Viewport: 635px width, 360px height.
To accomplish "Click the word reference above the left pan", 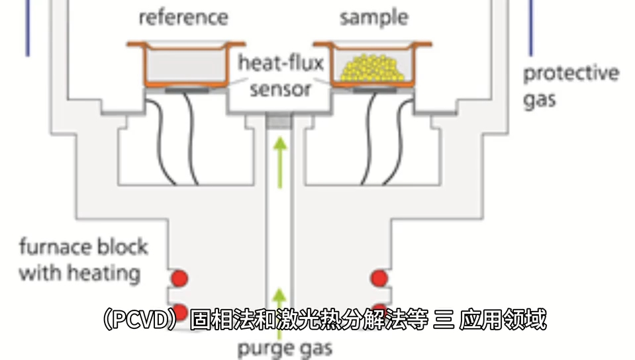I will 183,17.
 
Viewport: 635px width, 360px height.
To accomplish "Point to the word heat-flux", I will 281,64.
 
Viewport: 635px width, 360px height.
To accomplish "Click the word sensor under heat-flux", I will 280,89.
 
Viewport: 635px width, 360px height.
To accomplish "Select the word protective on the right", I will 571,73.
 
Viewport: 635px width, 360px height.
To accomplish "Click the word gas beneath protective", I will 540,100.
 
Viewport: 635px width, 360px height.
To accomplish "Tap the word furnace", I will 55,247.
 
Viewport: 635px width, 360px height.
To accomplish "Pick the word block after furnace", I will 122,247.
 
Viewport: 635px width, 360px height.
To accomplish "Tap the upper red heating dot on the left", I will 179,278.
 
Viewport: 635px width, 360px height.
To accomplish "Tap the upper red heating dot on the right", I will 379,278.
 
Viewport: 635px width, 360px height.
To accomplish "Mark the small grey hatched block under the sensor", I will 279,121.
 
